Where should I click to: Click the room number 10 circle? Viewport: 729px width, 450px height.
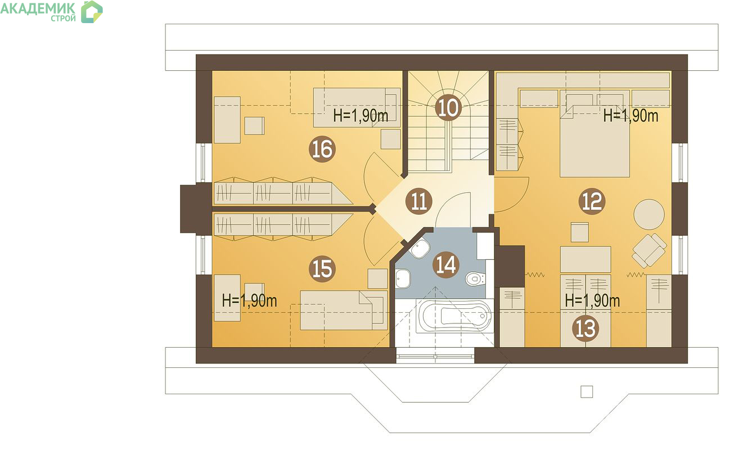[448, 107]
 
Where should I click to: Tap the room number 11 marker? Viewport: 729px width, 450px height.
[419, 201]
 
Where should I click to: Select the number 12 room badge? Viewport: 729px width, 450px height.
[592, 201]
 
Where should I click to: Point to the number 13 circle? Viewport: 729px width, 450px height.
[586, 328]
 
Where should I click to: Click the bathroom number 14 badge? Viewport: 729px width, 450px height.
[446, 264]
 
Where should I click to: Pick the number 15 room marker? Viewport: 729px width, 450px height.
[322, 269]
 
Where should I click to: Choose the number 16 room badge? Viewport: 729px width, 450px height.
[322, 150]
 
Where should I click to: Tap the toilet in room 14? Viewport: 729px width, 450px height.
[475, 279]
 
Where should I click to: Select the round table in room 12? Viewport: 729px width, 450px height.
[649, 214]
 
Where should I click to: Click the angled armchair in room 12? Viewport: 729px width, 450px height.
[649, 250]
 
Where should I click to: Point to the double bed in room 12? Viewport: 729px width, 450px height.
[595, 136]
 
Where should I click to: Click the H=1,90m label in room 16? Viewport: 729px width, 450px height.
[361, 115]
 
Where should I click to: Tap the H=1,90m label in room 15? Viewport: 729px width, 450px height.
[249, 300]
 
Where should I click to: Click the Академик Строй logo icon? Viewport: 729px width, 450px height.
[92, 12]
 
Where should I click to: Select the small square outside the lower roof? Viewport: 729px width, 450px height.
[587, 391]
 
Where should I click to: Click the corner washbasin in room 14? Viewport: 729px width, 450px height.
[420, 249]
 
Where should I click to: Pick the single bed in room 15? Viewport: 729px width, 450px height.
[344, 310]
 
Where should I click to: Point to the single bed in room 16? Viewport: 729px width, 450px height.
[357, 107]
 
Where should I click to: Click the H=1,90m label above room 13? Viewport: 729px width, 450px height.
[592, 300]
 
